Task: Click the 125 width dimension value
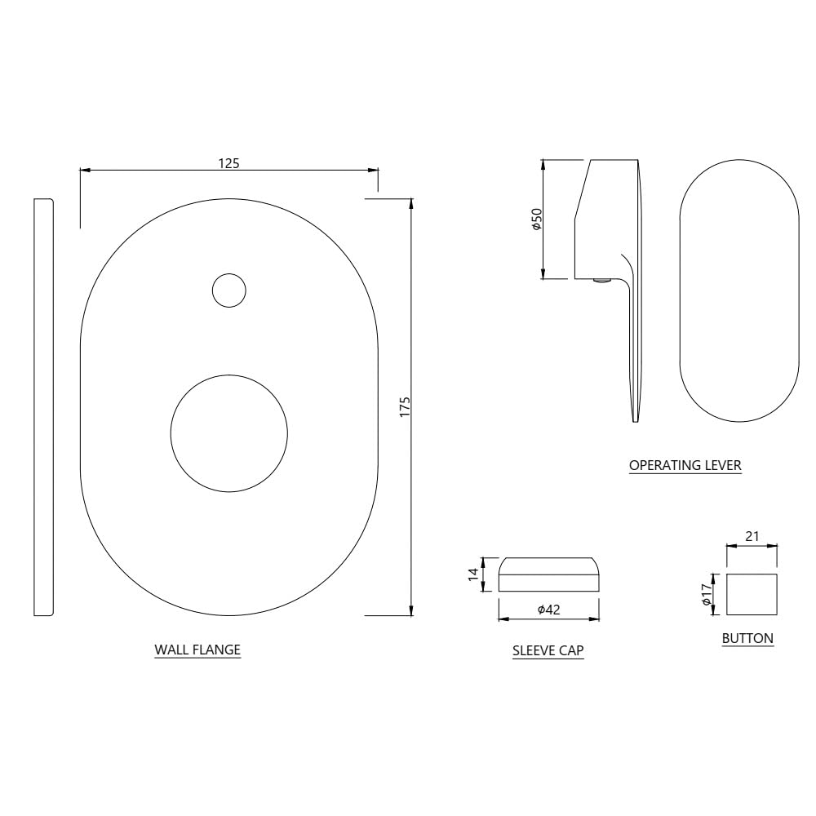click(x=229, y=163)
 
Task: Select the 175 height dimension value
click(x=405, y=407)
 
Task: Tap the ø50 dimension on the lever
click(x=537, y=220)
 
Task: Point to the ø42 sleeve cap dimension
click(x=549, y=610)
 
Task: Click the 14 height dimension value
click(x=473, y=574)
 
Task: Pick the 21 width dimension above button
click(x=752, y=536)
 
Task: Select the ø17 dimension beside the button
click(x=706, y=594)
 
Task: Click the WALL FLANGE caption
click(x=197, y=650)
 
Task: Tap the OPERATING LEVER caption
click(x=685, y=465)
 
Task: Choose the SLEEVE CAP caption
click(x=548, y=650)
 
